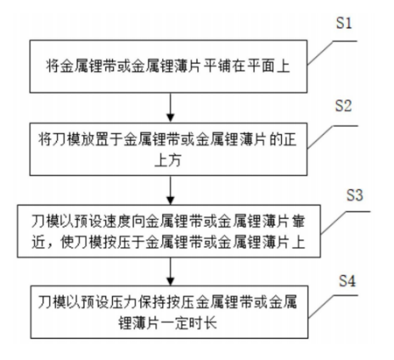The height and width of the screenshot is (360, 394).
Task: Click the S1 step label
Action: (x=344, y=23)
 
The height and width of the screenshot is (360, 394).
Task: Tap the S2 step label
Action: (x=343, y=106)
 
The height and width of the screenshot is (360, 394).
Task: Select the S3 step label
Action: (x=355, y=195)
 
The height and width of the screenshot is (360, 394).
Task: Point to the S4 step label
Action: (x=347, y=281)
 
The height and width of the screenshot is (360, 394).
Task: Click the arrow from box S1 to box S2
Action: (x=170, y=108)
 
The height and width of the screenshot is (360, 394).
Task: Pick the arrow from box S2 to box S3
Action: (x=170, y=190)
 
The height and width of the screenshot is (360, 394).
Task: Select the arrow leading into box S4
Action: (x=170, y=272)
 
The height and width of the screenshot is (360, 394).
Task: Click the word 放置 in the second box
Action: (x=95, y=139)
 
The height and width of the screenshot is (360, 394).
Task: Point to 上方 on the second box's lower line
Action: (x=167, y=160)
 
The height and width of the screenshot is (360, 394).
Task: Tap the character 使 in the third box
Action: (x=67, y=242)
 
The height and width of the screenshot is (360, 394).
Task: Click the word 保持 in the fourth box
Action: (x=153, y=301)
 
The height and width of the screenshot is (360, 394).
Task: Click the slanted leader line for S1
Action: (x=320, y=53)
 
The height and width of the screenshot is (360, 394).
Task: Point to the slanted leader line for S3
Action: (x=333, y=223)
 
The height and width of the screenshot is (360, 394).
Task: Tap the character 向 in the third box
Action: (x=153, y=221)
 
